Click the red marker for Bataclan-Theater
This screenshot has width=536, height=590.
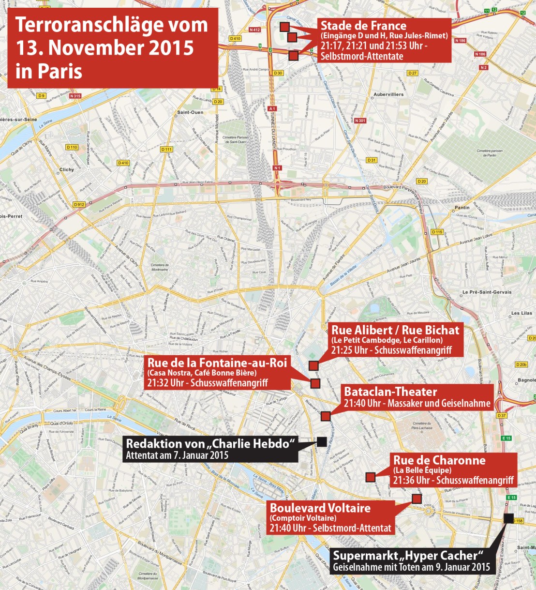point(326,416)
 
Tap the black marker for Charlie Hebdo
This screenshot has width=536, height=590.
point(321,441)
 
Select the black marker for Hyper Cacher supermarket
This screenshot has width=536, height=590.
point(508,518)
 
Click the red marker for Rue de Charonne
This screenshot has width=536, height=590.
point(370,477)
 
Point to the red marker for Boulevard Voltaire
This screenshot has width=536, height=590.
point(417,499)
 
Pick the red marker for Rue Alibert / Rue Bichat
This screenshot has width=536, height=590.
point(313,365)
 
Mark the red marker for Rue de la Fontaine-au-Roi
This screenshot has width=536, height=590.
point(315,383)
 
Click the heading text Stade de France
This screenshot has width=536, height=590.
point(363,26)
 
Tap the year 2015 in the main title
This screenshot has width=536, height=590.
point(162,47)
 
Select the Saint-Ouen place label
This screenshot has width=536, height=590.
point(190,112)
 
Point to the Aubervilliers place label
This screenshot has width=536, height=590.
point(388,94)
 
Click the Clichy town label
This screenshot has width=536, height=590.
point(67,169)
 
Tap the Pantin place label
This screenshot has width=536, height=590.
point(462,208)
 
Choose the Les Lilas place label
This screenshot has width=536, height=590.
point(521,313)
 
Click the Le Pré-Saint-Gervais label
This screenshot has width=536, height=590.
point(487,292)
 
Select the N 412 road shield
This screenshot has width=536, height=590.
point(254,30)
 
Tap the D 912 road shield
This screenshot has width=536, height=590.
point(79,205)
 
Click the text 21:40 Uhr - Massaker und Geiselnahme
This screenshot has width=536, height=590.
point(417,403)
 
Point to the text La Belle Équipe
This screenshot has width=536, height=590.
point(422,470)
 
